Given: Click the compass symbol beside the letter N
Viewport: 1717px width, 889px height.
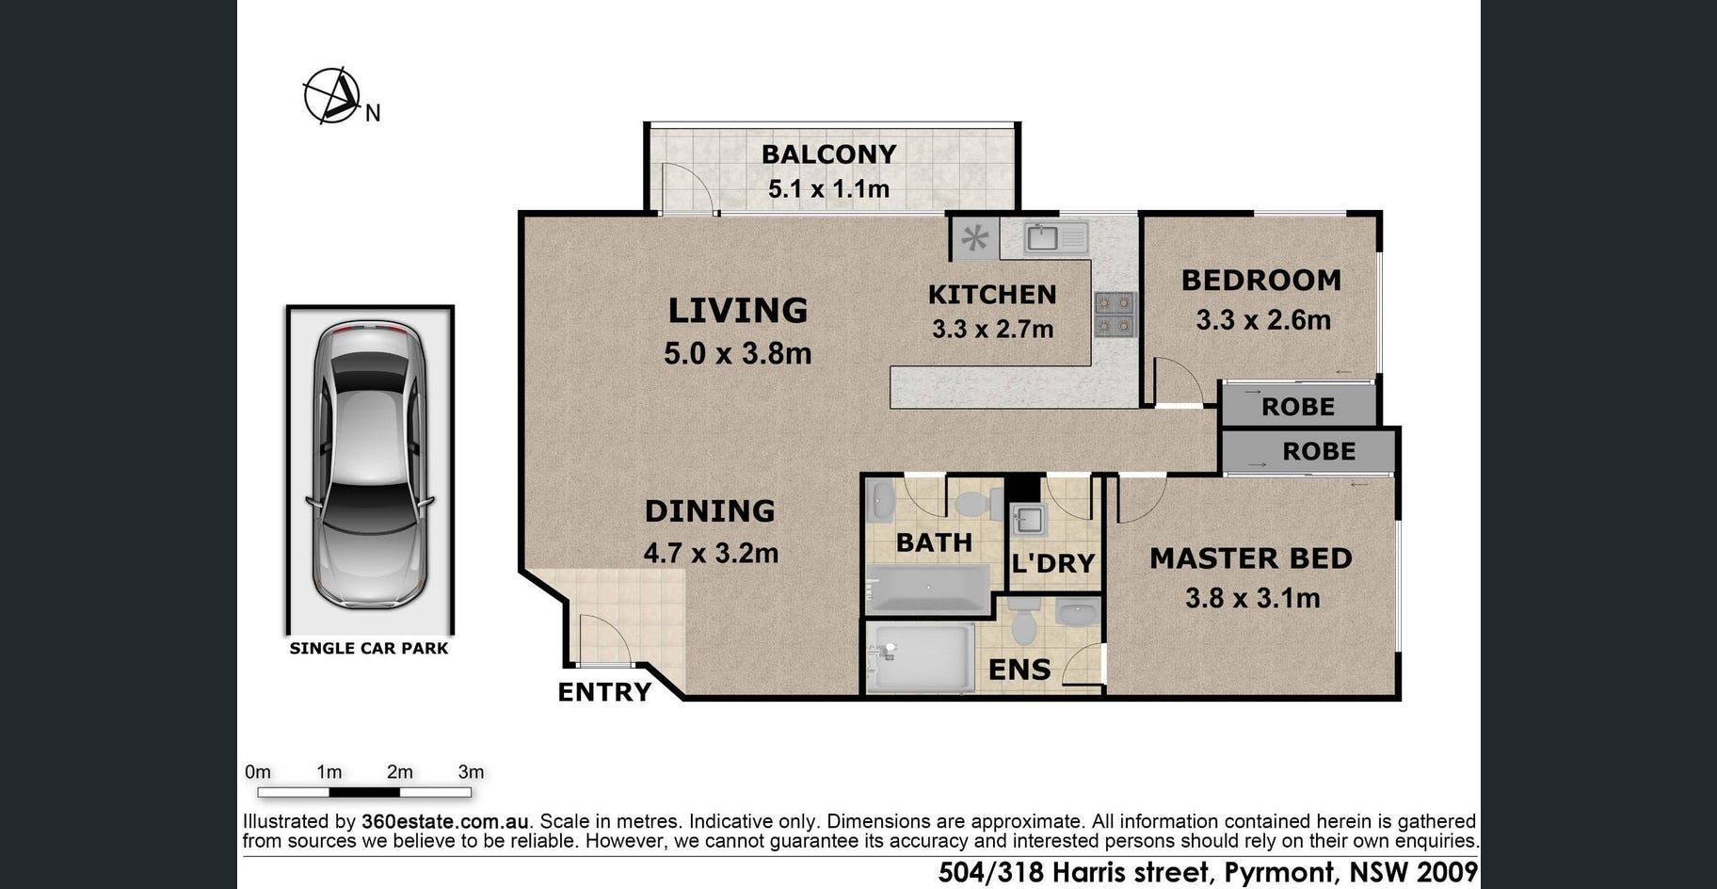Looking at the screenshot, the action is tap(331, 95).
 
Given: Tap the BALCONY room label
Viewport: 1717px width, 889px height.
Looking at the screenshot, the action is tap(828, 154).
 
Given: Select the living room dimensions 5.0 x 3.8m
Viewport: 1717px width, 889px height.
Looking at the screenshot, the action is tap(737, 353).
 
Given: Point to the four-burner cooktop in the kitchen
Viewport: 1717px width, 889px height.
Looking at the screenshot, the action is tap(1115, 315).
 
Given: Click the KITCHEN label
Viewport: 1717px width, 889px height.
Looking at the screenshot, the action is tap(992, 295).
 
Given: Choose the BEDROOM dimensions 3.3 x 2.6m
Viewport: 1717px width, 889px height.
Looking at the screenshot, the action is tap(1263, 320).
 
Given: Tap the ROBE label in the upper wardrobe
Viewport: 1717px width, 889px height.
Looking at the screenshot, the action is tap(1298, 407).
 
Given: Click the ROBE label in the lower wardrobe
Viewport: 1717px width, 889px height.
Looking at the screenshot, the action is tap(1319, 451).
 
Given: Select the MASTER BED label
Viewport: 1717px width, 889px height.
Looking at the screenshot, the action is tap(1251, 558).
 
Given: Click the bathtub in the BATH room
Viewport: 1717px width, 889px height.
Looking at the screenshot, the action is tap(928, 589).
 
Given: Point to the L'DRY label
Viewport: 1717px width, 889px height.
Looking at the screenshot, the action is tap(1052, 563).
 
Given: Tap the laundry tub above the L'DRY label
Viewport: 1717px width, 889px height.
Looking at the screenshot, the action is tap(1028, 520).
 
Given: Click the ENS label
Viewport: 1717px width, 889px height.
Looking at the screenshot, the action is tap(1019, 670).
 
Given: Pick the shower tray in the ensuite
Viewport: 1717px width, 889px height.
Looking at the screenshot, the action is tap(920, 658).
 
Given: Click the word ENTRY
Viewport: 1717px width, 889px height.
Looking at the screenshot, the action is tap(604, 692).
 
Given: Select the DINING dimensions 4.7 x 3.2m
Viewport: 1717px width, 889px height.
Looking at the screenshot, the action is tap(711, 553).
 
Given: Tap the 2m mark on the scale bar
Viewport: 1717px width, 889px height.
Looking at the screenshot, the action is tap(399, 772).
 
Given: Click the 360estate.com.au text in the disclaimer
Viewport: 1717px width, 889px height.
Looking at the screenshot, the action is tap(445, 821).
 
